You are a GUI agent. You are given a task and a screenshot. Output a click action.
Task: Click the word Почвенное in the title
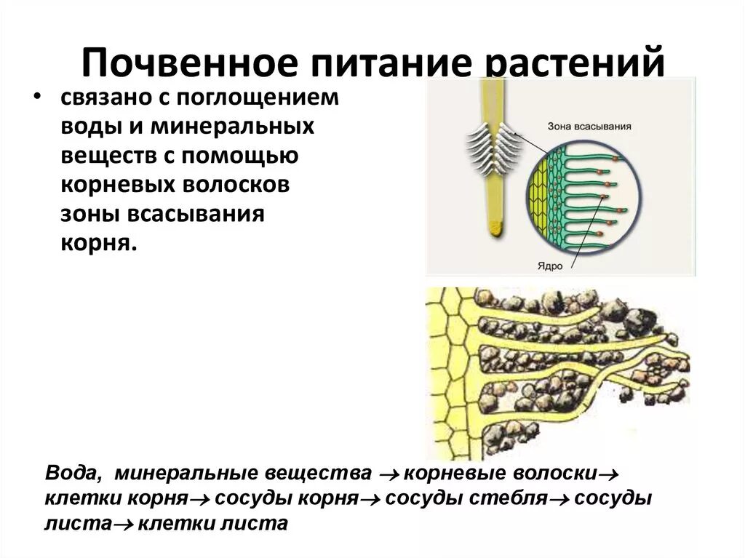tap(189, 65)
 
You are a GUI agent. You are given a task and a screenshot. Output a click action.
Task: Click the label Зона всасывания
tap(589, 126)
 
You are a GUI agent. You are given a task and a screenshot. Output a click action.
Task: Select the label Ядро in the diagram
tap(551, 266)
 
